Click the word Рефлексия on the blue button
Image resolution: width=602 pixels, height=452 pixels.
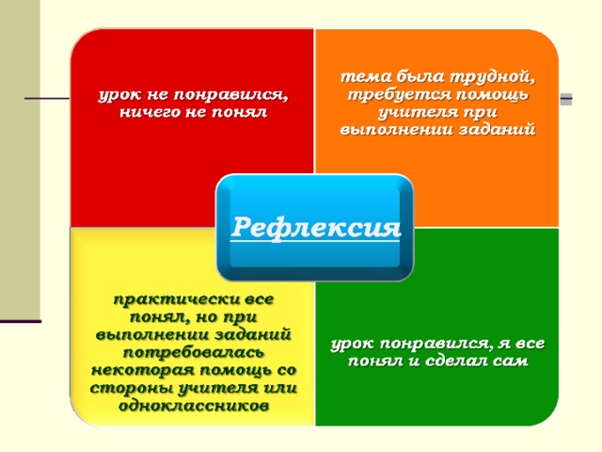click(x=316, y=228)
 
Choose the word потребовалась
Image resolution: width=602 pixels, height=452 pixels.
click(x=194, y=353)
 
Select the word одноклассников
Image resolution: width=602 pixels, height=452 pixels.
click(x=194, y=405)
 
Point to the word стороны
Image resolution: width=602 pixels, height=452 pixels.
click(x=132, y=388)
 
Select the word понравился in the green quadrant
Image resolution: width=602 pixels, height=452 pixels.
click(x=436, y=344)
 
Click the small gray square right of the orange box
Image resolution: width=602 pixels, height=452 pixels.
click(x=566, y=99)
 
